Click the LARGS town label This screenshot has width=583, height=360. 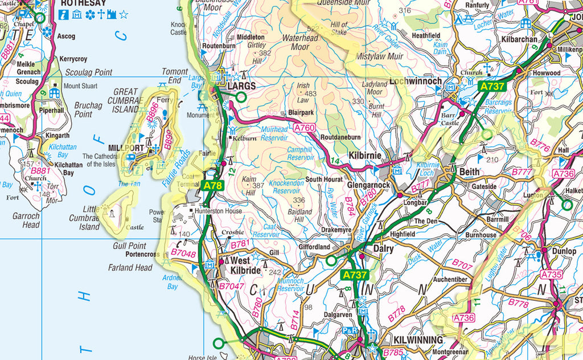[242, 87]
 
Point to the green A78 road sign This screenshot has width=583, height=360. [214, 185]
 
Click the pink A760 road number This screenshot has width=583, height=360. [304, 129]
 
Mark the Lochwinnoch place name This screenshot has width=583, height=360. [416, 81]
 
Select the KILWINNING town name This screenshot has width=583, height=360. [418, 340]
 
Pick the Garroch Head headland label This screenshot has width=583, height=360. [26, 220]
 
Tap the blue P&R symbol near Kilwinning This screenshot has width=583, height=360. [350, 330]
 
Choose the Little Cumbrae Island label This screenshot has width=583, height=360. [84, 218]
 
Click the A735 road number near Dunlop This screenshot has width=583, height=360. [551, 275]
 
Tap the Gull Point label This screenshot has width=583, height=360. [130, 246]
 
